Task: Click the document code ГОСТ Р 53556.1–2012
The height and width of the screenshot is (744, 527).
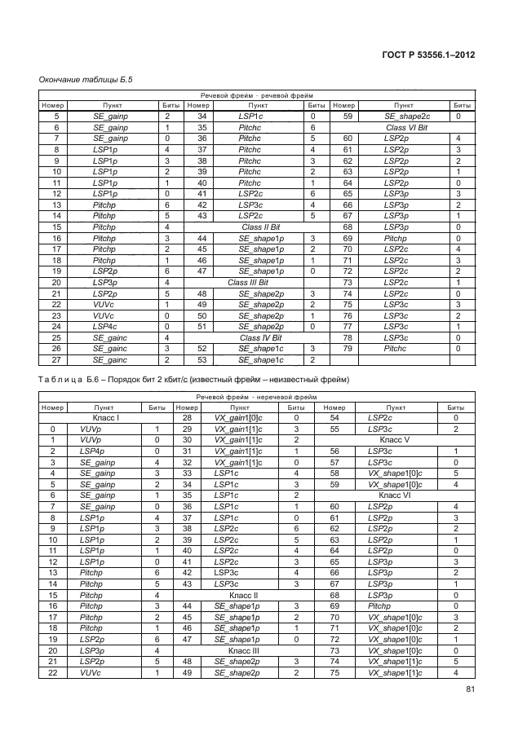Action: pos(428,55)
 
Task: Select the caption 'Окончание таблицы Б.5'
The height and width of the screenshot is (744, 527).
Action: pos(86,80)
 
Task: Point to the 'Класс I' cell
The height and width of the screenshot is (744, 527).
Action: pos(107,418)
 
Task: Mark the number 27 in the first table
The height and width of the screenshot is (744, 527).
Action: pos(56,360)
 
